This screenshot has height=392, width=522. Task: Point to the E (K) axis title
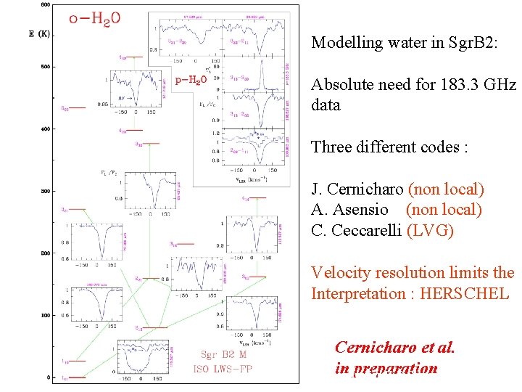[39, 33]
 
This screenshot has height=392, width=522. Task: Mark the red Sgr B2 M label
[224, 356]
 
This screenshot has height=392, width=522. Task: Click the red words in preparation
[386, 368]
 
